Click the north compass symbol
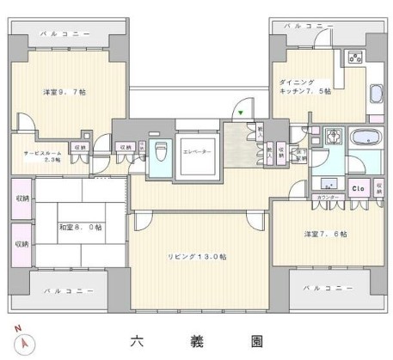pos(27,341)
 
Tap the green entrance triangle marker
pos(242,113)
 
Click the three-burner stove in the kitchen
pos(354,57)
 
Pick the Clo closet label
pos(359,189)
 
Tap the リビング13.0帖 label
pos(197,256)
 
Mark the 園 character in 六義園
pos(256,340)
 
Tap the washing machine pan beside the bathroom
pos(334,136)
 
